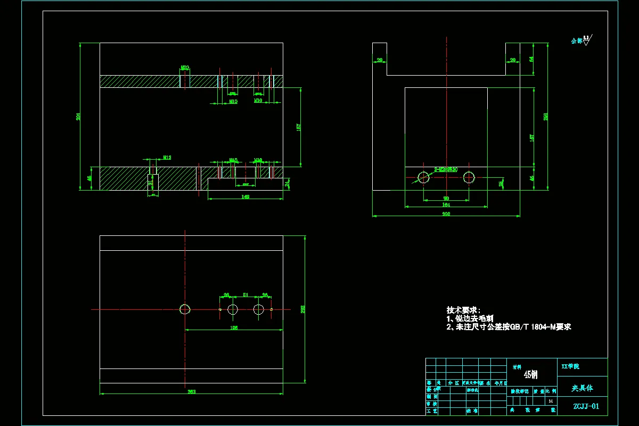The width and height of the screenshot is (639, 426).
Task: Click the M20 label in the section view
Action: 185,68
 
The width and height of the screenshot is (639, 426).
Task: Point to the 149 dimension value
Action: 245,196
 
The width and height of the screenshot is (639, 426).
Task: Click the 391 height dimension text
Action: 78,117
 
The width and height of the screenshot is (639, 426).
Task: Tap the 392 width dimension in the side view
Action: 446,214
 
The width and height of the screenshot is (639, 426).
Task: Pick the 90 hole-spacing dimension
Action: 446,199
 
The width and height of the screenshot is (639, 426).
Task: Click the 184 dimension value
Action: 446,204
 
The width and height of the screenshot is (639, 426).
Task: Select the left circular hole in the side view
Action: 424,177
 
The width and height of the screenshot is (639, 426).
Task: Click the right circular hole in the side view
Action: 469,177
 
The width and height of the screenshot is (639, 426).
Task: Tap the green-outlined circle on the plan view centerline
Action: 185,309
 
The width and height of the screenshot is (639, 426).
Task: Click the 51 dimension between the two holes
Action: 245,294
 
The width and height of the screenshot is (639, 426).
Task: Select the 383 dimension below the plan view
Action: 192,392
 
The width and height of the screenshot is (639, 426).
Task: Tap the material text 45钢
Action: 531,375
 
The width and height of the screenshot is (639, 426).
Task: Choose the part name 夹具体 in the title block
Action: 582,388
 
